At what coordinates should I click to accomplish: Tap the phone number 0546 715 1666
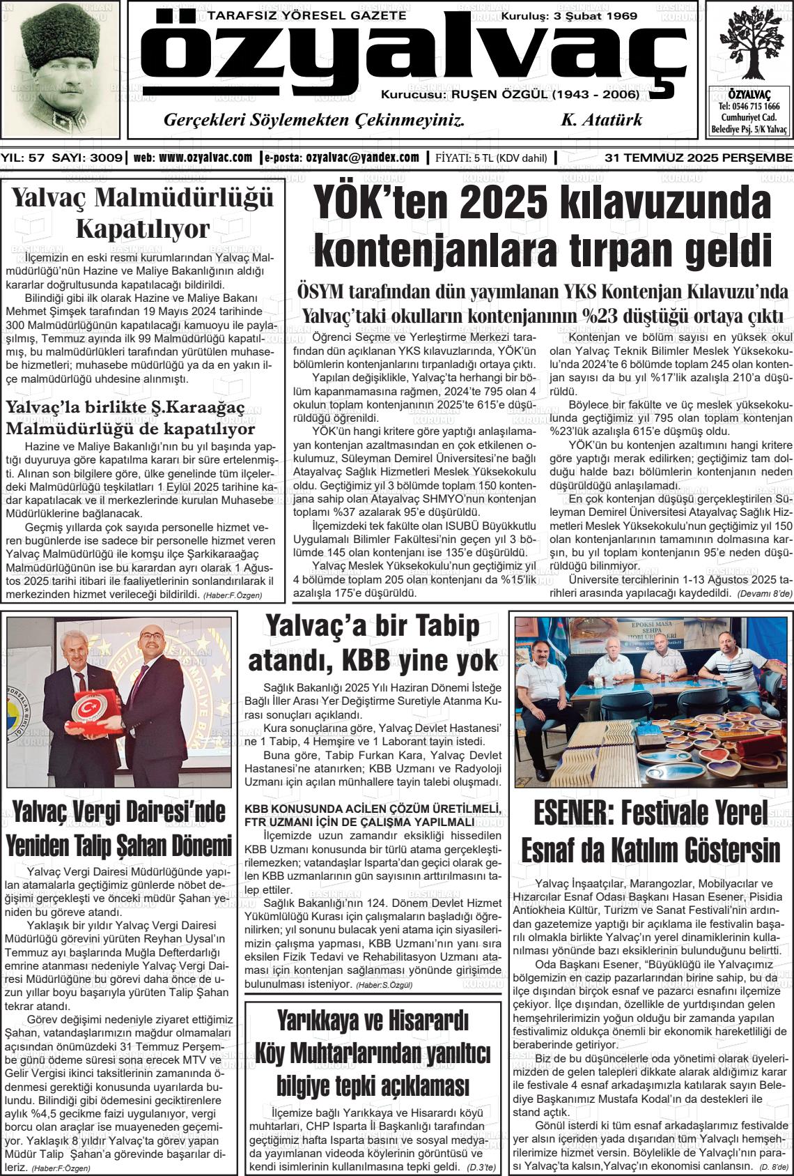(749, 107)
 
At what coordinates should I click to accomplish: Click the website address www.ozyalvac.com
(205, 158)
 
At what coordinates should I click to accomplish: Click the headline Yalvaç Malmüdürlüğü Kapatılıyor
(143, 213)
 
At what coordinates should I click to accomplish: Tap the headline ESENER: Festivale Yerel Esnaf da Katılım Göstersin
(651, 832)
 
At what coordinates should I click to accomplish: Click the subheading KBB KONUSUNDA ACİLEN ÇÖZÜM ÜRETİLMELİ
(373, 809)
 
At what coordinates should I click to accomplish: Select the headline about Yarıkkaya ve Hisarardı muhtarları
(373, 1053)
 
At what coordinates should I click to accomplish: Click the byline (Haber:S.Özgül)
(384, 985)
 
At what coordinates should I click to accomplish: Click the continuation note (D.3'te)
(481, 1167)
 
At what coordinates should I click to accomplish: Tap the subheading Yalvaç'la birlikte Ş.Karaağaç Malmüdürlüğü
(131, 417)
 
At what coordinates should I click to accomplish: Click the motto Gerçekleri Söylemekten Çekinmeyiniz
(313, 120)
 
